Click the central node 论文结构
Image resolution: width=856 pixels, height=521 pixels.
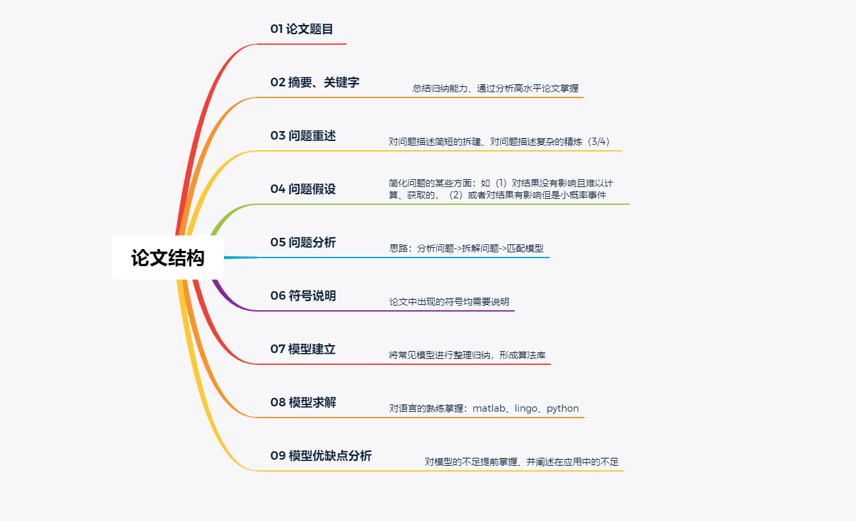click(x=167, y=258)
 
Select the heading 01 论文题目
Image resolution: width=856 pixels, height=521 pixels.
click(x=302, y=29)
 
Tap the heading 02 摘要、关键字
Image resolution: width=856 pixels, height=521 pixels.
click(x=315, y=82)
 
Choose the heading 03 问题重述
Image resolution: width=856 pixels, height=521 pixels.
click(x=303, y=136)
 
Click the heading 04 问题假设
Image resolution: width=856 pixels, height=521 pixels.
click(x=303, y=189)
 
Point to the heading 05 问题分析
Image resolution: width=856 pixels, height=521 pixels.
click(x=303, y=242)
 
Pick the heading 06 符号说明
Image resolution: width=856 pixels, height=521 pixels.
click(x=303, y=296)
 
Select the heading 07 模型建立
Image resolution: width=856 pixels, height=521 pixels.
click(x=303, y=349)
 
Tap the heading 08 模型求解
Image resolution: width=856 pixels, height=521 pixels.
click(x=303, y=402)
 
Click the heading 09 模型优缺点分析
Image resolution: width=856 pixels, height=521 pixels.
click(x=321, y=456)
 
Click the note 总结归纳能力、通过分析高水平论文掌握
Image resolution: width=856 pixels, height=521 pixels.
click(x=496, y=88)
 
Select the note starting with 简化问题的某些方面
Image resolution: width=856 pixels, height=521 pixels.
click(x=501, y=189)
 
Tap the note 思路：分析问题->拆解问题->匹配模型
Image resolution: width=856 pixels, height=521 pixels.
click(x=467, y=248)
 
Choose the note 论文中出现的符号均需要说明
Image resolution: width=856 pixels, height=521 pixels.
click(x=449, y=302)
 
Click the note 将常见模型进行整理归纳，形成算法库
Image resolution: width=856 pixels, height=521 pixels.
click(x=467, y=355)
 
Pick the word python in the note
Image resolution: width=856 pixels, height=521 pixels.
click(x=563, y=408)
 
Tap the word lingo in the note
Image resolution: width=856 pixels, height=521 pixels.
click(x=526, y=408)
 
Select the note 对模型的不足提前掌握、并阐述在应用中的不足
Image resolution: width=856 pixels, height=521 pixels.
click(x=522, y=462)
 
